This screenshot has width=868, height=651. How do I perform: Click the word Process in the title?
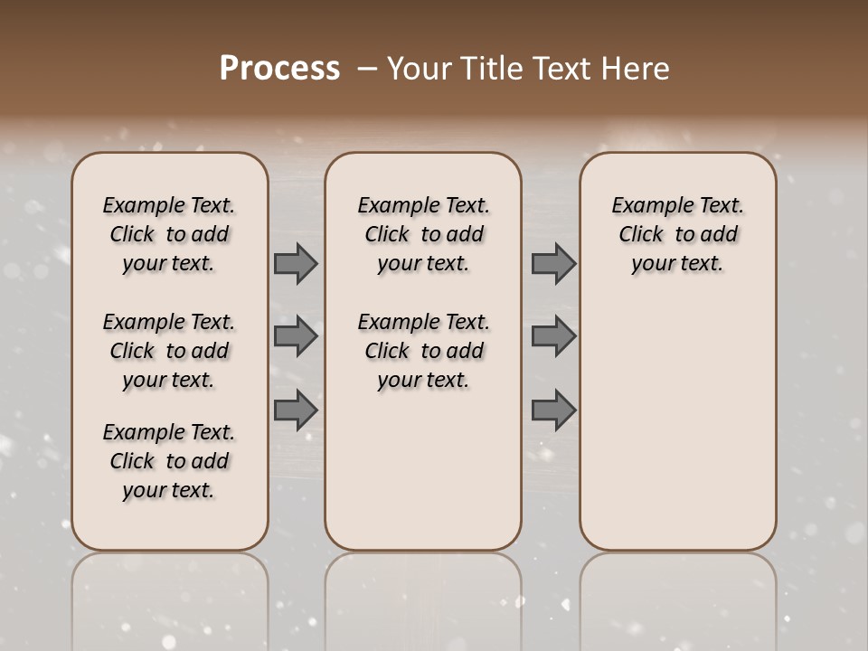point(279,69)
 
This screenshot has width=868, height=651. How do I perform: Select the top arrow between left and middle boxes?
point(296,264)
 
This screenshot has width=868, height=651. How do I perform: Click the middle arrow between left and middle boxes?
point(296,336)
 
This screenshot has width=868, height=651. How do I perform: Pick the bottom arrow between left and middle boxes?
point(296,410)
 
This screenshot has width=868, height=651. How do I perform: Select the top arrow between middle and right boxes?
point(553,264)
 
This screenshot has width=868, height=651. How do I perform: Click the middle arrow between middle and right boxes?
point(553,336)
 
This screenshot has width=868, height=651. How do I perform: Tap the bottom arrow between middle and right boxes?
point(553,410)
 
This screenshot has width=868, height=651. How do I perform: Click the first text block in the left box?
point(169,234)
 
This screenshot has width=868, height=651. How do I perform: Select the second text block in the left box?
point(169,351)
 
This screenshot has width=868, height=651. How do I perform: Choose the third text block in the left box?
point(169,461)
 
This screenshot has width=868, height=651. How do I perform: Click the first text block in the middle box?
point(423,234)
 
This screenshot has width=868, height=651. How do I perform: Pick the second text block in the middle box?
point(423,351)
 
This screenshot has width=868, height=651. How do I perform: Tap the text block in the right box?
point(677,234)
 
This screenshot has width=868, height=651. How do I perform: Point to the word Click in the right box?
point(641,235)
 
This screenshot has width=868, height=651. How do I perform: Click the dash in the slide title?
point(367,69)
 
